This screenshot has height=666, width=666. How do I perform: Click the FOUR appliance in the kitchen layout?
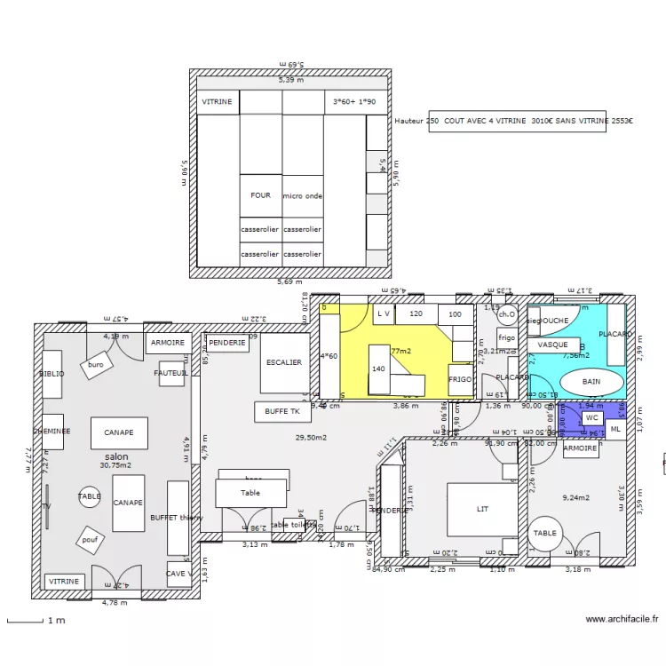[260, 195]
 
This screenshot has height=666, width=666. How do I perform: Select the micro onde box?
[302, 195]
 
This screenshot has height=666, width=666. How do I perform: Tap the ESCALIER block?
[283, 362]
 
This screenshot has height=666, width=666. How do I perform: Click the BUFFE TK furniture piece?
[282, 412]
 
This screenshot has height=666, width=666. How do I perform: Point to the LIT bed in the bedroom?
[481, 509]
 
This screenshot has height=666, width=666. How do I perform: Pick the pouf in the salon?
[90, 540]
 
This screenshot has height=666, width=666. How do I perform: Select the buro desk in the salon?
[96, 365]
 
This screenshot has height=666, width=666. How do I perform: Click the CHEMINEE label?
[52, 432]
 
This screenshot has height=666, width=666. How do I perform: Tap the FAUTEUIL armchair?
[171, 374]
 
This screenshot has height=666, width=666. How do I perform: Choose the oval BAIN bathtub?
[591, 382]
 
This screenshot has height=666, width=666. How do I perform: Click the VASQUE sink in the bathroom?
[553, 345]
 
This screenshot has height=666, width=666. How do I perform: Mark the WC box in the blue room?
[591, 417]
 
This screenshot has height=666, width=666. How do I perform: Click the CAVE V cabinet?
[178, 574]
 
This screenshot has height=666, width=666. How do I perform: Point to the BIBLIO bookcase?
[52, 374]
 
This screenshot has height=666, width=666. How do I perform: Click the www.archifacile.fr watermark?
[622, 621]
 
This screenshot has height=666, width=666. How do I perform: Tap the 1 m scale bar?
[36, 621]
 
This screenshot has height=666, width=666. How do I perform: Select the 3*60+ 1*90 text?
[353, 102]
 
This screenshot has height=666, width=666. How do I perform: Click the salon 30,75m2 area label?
[116, 461]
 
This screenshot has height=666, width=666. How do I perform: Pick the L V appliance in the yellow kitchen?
[384, 313]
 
